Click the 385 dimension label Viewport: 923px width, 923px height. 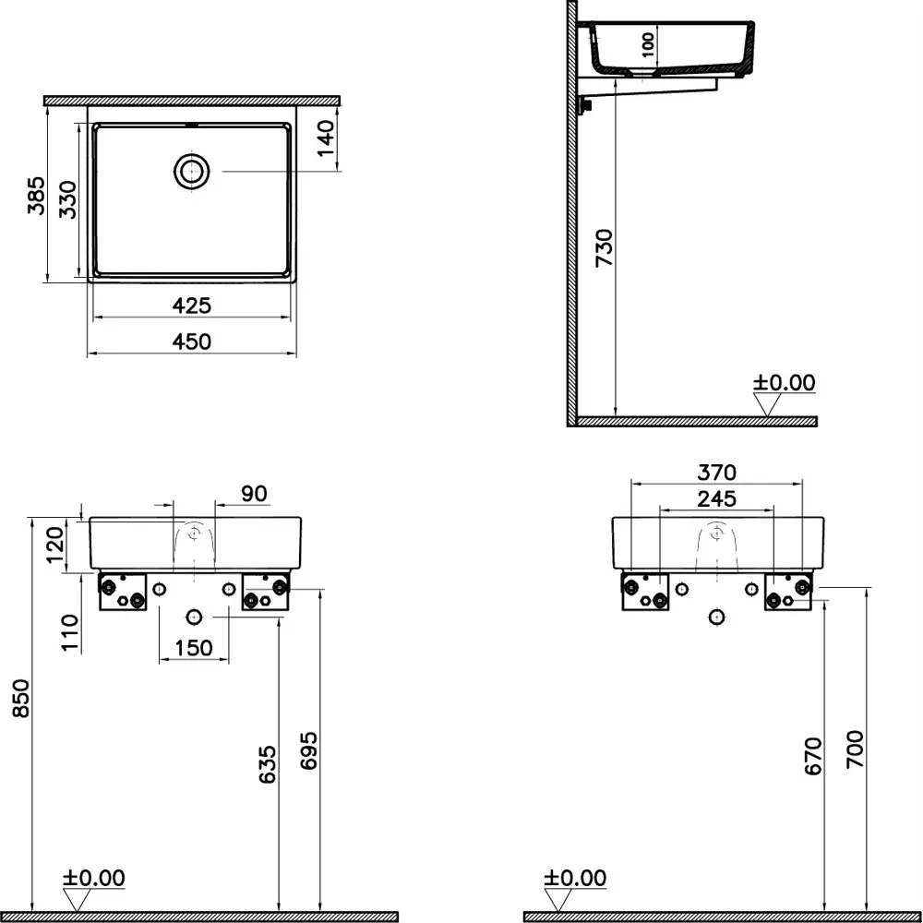click(35, 195)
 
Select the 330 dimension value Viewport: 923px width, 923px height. click(67, 198)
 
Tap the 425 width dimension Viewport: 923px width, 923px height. click(192, 305)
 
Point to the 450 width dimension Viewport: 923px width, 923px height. click(192, 342)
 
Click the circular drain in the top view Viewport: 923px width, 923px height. click(192, 171)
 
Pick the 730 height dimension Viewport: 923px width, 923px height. click(603, 247)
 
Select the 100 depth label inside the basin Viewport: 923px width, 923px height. click(648, 42)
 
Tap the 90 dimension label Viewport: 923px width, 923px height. click(254, 494)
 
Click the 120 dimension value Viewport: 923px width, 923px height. click(55, 544)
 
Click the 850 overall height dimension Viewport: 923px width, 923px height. click(20, 698)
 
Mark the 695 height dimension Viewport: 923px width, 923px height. click(309, 752)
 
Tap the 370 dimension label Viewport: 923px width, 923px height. click(716, 473)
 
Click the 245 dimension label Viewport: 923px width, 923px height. click(716, 499)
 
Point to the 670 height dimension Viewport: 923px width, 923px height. click(812, 756)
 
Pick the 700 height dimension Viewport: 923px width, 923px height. click(855, 751)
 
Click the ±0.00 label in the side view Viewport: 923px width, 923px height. click(785, 382)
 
